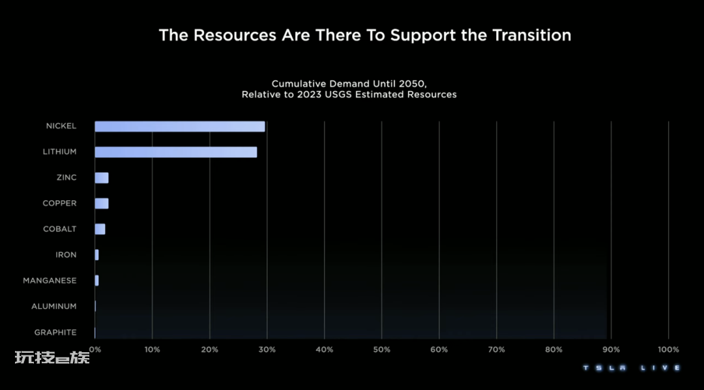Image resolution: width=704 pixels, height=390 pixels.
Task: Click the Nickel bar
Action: [179, 127]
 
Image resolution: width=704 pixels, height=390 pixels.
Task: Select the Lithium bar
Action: [175, 152]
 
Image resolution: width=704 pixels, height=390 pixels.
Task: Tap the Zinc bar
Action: [101, 178]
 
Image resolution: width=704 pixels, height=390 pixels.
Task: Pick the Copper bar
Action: [101, 203]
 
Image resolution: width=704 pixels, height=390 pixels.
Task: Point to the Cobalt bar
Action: [100, 229]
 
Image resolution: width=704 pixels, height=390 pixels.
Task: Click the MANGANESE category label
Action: [50, 280]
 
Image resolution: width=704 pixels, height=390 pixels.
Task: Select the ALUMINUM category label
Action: [54, 307]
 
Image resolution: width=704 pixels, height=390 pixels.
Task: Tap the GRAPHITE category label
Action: [55, 333]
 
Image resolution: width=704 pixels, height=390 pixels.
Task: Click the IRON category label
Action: [66, 255]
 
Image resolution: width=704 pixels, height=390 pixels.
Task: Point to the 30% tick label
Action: [267, 350]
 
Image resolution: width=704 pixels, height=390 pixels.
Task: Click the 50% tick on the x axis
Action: [381, 350]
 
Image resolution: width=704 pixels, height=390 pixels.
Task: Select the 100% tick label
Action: [668, 350]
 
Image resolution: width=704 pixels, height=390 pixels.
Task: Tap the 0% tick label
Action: [95, 350]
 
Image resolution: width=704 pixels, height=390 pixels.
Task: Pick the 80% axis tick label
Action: [553, 350]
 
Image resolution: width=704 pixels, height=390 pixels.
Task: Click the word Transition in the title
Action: [531, 35]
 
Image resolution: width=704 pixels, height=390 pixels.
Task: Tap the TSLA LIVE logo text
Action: [631, 368]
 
